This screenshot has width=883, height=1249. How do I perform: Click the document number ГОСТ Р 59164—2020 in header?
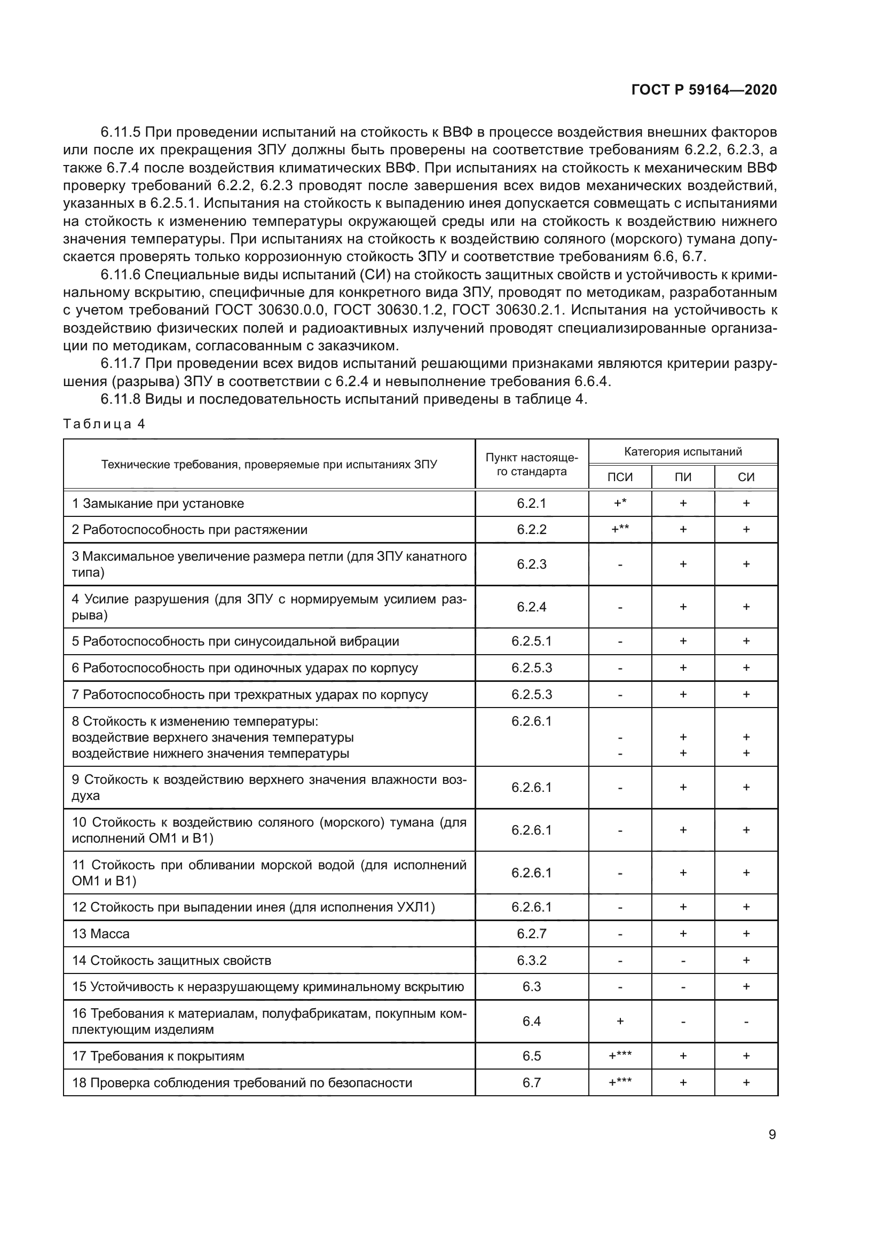tap(704, 90)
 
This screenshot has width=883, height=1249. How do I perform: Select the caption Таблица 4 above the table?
tap(104, 424)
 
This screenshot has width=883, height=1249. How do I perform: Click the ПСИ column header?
tap(620, 477)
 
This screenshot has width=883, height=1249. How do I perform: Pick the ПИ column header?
tap(683, 477)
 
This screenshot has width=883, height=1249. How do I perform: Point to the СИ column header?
tap(746, 477)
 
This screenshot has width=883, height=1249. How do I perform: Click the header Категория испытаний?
tap(683, 452)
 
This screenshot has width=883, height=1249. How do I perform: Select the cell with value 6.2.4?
tap(531, 607)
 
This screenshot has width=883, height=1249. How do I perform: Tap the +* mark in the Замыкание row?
tap(620, 503)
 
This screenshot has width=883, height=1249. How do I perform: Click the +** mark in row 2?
tap(620, 529)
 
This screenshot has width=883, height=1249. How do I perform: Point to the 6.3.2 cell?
tap(531, 961)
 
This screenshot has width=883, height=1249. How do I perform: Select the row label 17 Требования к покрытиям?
tap(158, 1056)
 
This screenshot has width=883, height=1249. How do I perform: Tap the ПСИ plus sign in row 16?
tap(620, 1022)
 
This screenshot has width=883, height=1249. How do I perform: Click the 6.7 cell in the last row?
tap(531, 1082)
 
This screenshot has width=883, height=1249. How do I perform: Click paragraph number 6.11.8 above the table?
tap(120, 399)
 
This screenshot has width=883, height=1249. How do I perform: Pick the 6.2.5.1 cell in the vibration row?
tap(531, 641)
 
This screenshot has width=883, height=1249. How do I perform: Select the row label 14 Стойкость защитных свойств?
tap(171, 961)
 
